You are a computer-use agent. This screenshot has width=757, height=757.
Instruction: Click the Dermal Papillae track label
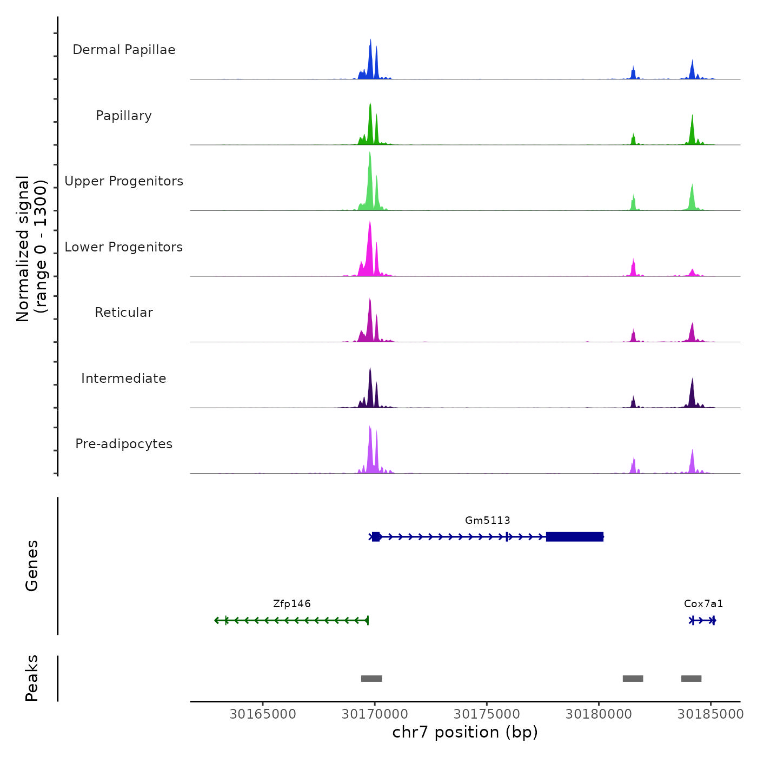point(124,50)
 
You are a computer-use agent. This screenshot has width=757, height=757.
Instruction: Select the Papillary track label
point(124,116)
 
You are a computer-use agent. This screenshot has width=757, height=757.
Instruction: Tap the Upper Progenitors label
point(124,181)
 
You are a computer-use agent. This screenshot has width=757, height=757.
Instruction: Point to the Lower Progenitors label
point(124,247)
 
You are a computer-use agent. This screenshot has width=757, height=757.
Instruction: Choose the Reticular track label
point(124,313)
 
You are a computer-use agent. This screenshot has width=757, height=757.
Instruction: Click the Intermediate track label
point(124,378)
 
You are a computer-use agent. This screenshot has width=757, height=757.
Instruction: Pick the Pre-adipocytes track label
point(124,444)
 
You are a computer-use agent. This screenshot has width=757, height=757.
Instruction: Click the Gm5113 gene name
point(487,521)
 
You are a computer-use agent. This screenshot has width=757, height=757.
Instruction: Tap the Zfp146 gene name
point(292,604)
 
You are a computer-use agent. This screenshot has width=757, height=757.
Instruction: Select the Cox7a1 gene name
point(703,604)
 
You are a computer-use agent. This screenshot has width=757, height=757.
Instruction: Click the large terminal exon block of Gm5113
point(574,537)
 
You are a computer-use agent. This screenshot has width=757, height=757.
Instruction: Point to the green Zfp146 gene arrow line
point(292,620)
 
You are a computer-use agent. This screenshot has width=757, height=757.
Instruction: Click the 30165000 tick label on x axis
point(263,714)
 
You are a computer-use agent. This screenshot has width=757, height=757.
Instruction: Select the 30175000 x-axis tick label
point(487,714)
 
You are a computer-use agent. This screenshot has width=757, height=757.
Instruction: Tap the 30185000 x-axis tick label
point(710,714)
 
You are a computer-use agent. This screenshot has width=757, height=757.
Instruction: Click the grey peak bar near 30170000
point(371,679)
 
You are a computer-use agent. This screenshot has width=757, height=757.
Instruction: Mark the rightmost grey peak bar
point(691,679)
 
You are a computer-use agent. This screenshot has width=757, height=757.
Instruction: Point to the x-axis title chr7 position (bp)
point(465,733)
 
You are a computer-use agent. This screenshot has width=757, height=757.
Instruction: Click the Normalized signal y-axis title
point(31,249)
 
